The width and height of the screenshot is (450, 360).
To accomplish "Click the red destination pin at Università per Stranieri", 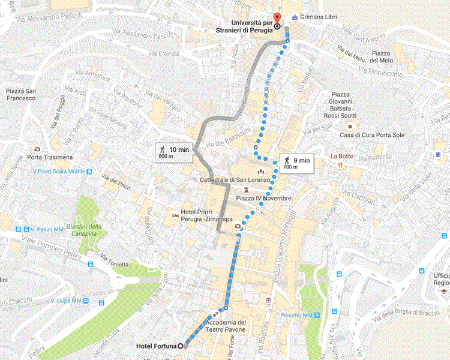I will point(277,18).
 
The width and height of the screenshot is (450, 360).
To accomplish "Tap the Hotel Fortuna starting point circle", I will point(181,346).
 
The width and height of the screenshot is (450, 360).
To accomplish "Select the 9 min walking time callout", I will point(296,163).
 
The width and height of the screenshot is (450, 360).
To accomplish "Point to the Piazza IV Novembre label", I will point(263,198).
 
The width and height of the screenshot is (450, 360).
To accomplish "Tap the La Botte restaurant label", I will point(342,156).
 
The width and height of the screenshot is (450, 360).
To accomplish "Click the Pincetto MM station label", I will point(295,315).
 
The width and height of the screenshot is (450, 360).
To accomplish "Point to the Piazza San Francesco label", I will point(22,95).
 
